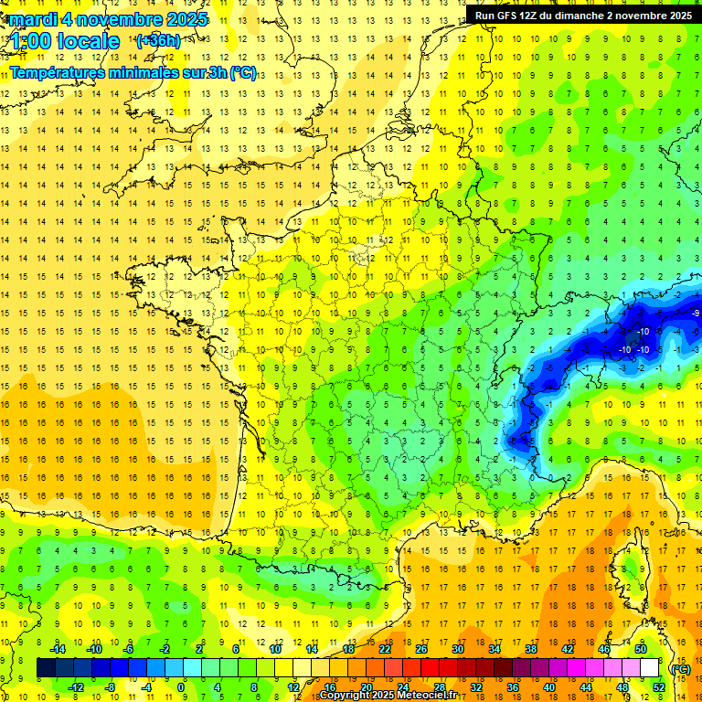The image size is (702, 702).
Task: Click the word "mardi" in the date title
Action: coord(33,19)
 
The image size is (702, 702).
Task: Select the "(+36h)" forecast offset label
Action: coord(158,41)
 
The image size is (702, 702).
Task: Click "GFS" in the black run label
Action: coord(517,15)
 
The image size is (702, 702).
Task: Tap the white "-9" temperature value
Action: coord(696,314)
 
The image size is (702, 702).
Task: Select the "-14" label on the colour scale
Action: coord(58,649)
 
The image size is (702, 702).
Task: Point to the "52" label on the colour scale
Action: coord(658,686)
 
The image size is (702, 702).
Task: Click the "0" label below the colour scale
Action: coord(180,686)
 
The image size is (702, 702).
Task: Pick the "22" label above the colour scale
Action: coord(385,649)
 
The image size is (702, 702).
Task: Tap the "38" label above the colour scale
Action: coord(530,649)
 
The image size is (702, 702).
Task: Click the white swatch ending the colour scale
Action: coord(649,667)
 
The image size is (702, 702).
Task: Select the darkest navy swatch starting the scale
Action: coord(46,667)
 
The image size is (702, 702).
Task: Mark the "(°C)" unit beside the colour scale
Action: coord(680,668)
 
